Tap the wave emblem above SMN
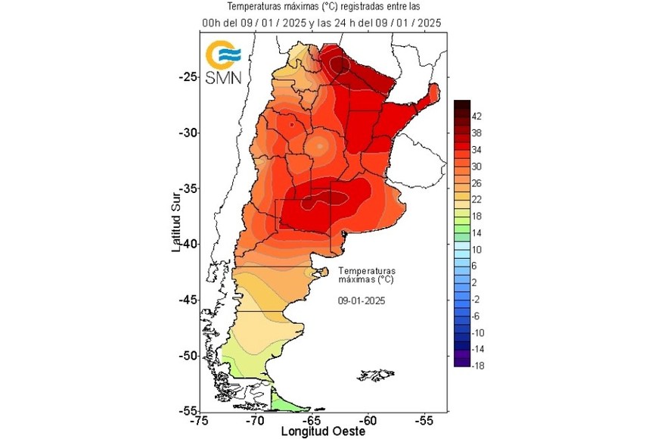[x=224, y=54]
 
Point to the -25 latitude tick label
[x=187, y=76]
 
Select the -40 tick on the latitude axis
[x=187, y=244]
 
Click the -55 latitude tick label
[x=187, y=409]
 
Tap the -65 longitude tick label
[x=312, y=421]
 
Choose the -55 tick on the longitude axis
[x=424, y=421]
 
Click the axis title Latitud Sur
[x=175, y=219]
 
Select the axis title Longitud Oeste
[x=323, y=431]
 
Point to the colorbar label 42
[x=477, y=116]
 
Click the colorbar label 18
[x=477, y=216]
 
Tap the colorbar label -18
[x=477, y=366]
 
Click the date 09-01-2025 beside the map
[x=362, y=300]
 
